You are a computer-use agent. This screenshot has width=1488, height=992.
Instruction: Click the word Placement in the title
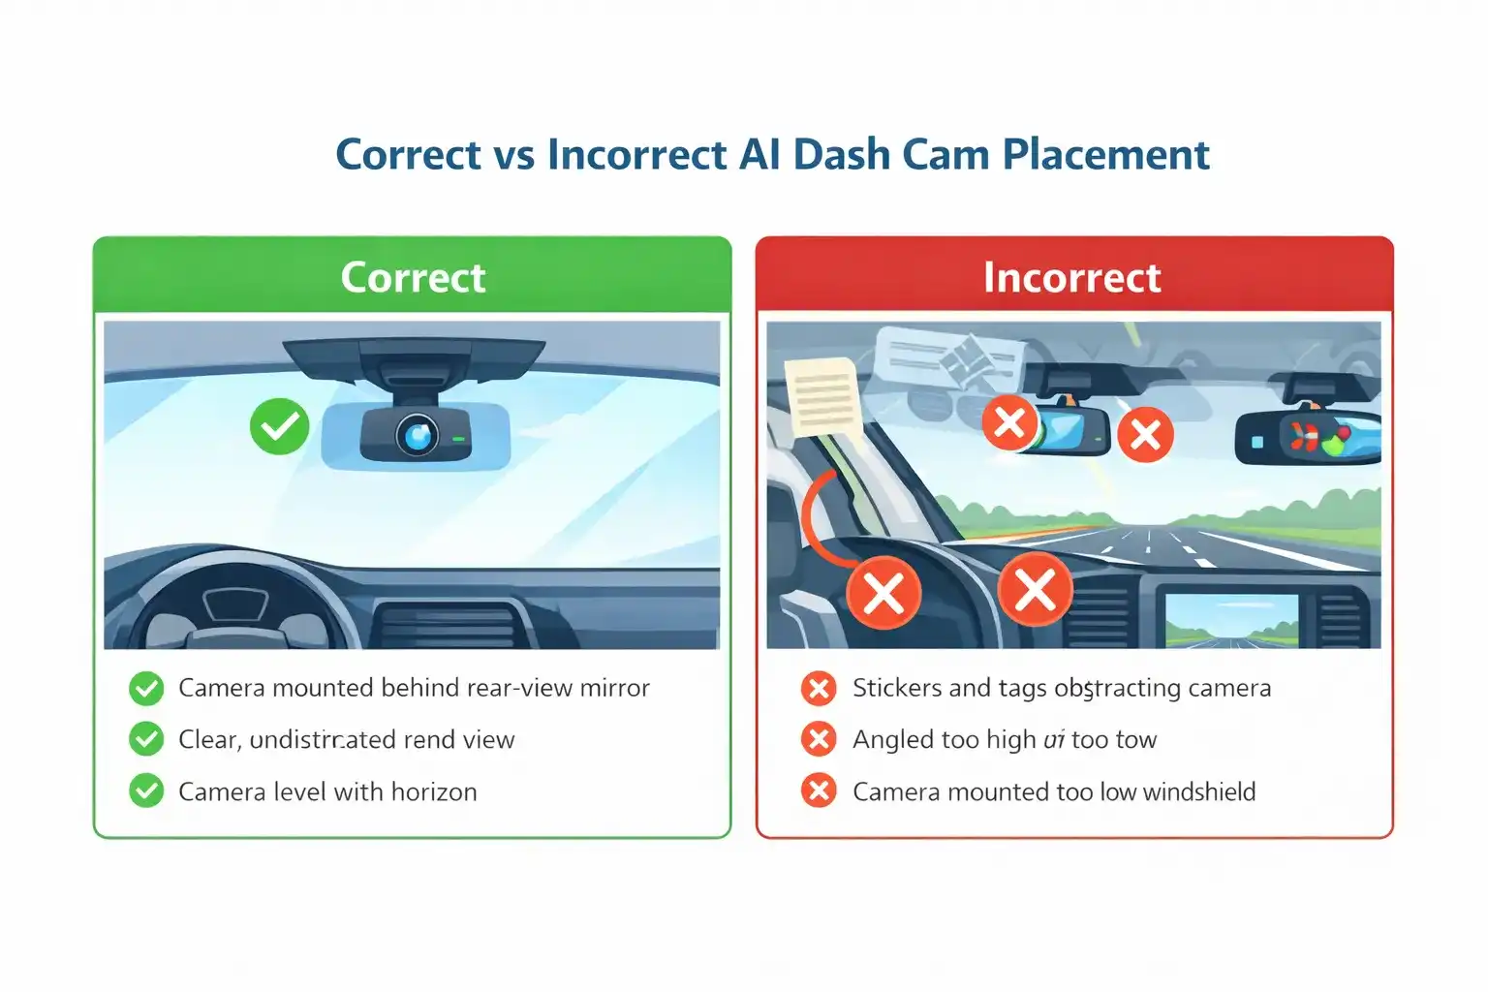click(x=1105, y=155)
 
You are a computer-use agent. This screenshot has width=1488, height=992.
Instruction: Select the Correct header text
click(x=413, y=278)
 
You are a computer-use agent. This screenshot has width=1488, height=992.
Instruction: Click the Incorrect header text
click(x=1071, y=278)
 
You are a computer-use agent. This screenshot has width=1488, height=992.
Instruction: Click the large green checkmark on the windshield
click(x=279, y=427)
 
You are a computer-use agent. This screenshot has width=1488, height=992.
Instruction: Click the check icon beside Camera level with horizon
click(x=146, y=791)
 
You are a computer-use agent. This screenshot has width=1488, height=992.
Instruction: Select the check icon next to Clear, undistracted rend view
click(x=146, y=739)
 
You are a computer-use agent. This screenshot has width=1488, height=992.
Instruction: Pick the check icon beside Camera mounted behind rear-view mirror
click(x=146, y=688)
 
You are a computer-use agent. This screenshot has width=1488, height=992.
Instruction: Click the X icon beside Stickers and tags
click(x=819, y=688)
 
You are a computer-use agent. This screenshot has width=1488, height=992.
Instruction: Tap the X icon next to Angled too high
click(x=819, y=739)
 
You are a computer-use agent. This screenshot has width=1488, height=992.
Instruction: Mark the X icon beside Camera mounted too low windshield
click(x=819, y=791)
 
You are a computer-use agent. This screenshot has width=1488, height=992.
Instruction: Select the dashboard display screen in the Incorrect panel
click(x=1231, y=620)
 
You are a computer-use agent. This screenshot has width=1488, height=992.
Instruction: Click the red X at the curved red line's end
click(x=883, y=592)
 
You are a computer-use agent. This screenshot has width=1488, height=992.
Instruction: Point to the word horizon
click(x=434, y=792)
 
